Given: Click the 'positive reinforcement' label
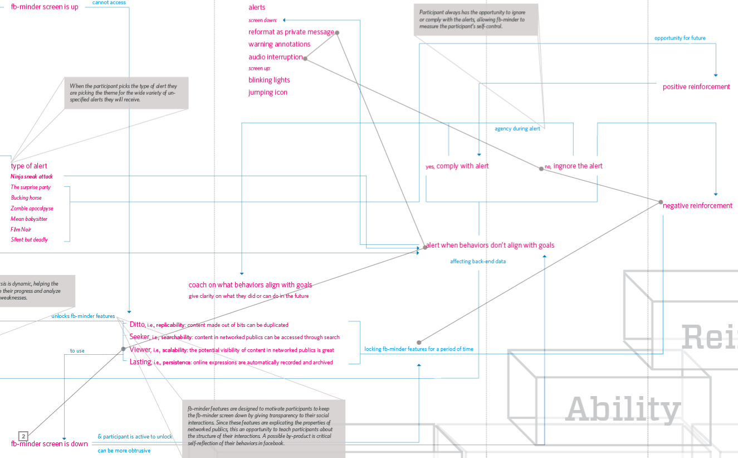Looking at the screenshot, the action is coord(696,87).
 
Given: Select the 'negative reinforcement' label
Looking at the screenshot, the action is coord(697,206).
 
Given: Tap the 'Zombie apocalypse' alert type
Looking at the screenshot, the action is coord(32,208).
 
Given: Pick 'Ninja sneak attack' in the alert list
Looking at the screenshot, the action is coord(32,176).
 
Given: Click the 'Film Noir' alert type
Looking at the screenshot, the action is coord(21,229).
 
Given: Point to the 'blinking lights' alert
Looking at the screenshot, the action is coord(269,80).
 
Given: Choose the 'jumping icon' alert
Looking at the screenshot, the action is coord(268,93).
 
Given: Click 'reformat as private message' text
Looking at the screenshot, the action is coord(291,32).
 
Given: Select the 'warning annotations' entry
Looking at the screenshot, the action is coord(280,45).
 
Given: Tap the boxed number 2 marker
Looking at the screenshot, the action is coord(23,436).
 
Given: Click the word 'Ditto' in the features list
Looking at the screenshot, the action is coord(137,325).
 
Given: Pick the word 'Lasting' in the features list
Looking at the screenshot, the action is coord(140,362).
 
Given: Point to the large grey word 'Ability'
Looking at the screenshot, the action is coord(623,409).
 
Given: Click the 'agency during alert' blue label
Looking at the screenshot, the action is coord(517,129).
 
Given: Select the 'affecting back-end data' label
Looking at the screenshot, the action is coord(478,261).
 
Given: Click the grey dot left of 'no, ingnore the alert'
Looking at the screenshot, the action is coord(541,168).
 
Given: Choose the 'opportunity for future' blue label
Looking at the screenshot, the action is coord(680,38).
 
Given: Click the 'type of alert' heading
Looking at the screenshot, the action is coord(29,166).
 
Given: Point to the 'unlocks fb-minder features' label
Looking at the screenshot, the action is coord(83,316).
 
